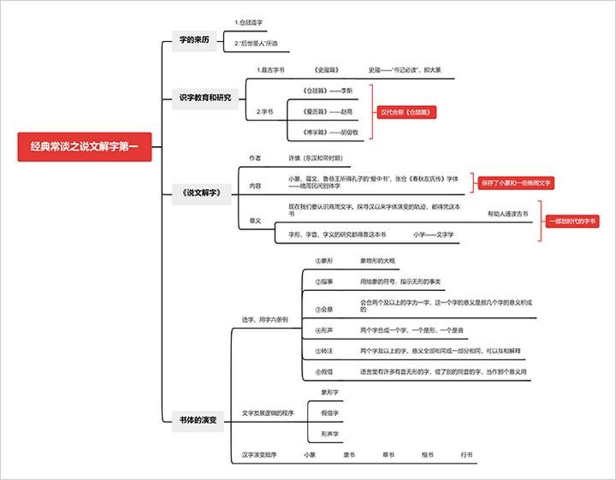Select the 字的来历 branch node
tap(194, 40)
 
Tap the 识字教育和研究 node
tap(205, 98)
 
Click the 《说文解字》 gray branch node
tap(202, 193)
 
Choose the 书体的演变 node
tap(198, 420)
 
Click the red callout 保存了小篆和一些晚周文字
tap(517, 182)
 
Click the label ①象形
tap(323, 260)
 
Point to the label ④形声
tap(323, 329)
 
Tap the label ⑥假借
tap(323, 371)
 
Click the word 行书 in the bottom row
tap(466, 454)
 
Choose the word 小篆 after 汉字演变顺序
tap(310, 454)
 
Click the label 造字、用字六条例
tap(264, 319)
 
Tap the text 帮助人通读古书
tap(508, 214)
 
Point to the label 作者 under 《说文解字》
tap(255, 158)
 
